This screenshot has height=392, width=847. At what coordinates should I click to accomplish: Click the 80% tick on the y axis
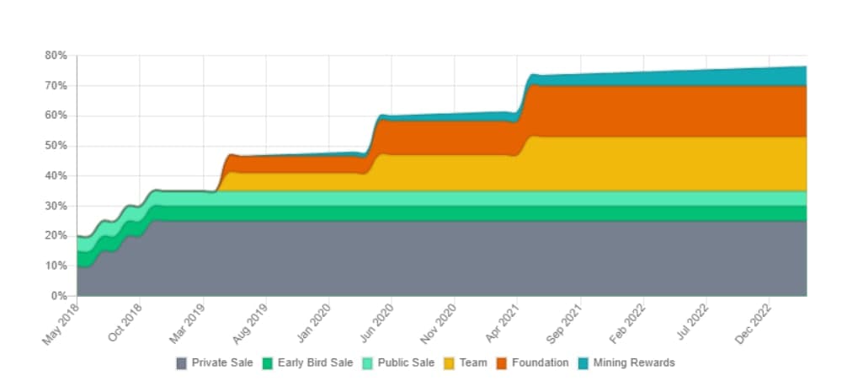[56, 55]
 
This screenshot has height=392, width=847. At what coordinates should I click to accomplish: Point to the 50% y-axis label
[56, 146]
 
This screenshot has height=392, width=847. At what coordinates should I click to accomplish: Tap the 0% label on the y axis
[58, 296]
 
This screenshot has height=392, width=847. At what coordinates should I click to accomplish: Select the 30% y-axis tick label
[56, 206]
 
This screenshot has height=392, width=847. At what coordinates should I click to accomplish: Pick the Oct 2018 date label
[125, 322]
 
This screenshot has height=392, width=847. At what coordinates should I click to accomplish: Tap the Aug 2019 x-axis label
[251, 323]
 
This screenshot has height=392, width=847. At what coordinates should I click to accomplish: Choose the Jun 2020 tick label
[376, 322]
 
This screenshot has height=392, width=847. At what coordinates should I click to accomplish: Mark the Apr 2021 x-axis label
[503, 322]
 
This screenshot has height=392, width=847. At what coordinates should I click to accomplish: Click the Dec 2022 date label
[754, 323]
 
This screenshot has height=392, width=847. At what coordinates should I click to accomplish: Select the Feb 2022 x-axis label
[628, 323]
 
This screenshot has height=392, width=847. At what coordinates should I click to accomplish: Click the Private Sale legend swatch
[182, 363]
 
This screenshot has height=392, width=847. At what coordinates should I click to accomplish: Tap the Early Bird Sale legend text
[316, 362]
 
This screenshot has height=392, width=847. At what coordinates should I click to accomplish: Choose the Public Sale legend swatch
[367, 363]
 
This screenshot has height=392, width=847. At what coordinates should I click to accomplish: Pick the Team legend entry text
[473, 362]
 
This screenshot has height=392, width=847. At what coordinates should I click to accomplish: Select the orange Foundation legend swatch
[501, 363]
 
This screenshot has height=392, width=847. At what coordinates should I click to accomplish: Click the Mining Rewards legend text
[634, 362]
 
